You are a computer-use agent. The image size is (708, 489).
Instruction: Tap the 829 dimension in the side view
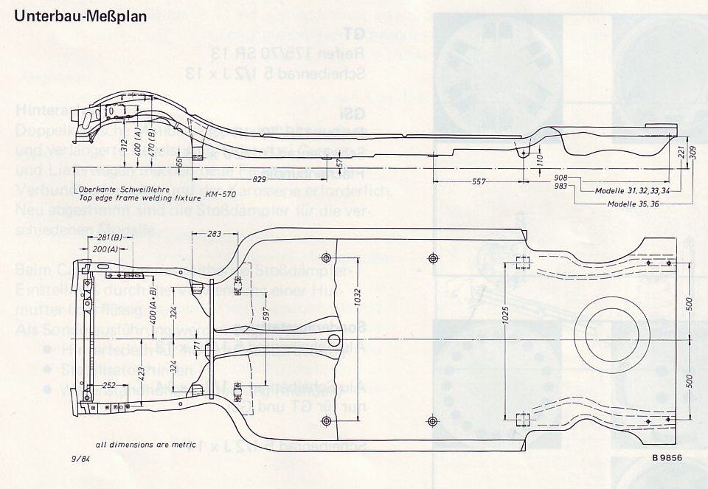pyautogui.click(x=257, y=179)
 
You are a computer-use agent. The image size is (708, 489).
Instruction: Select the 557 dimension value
pyautogui.click(x=479, y=181)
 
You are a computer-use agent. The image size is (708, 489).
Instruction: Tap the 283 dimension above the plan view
pyautogui.click(x=214, y=234)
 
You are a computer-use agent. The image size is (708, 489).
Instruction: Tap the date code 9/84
pyautogui.click(x=81, y=459)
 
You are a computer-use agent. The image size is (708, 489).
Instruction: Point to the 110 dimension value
pyautogui.click(x=539, y=158)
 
